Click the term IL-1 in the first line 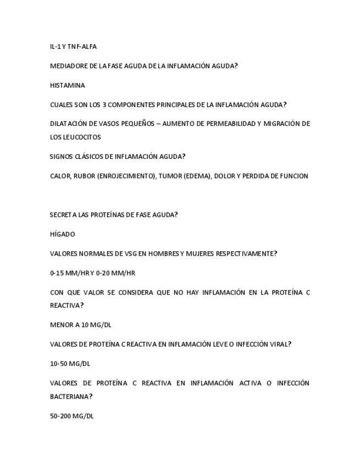[x=55, y=47]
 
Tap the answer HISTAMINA [x=67, y=86]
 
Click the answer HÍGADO [x=62, y=235]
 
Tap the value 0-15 [x=57, y=273]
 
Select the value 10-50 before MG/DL [x=59, y=364]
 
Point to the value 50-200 [x=60, y=416]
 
